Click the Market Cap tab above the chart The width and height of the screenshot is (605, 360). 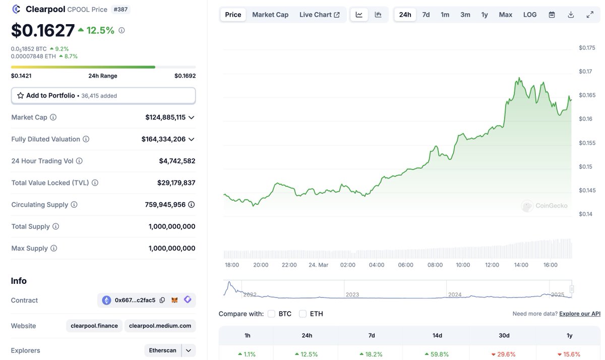click(270, 15)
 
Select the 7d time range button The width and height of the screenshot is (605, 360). click(426, 15)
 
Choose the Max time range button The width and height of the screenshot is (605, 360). click(505, 15)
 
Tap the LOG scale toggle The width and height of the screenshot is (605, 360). click(530, 15)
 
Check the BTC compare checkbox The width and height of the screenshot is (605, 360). click(271, 314)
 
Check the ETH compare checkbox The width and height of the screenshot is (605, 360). click(303, 314)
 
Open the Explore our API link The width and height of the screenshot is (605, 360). click(579, 314)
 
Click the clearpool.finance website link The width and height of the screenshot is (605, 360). click(94, 326)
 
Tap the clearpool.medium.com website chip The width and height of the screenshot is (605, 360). click(160, 326)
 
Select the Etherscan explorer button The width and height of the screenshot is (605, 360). click(163, 350)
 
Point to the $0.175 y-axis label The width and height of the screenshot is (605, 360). click(587, 48)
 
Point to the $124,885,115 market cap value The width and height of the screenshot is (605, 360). click(165, 117)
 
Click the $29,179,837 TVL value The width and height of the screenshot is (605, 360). click(176, 183)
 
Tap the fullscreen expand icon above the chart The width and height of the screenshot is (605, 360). click(590, 15)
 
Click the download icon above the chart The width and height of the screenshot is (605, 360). click(571, 15)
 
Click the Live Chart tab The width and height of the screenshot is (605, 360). click(319, 15)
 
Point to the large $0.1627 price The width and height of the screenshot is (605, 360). click(43, 31)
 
